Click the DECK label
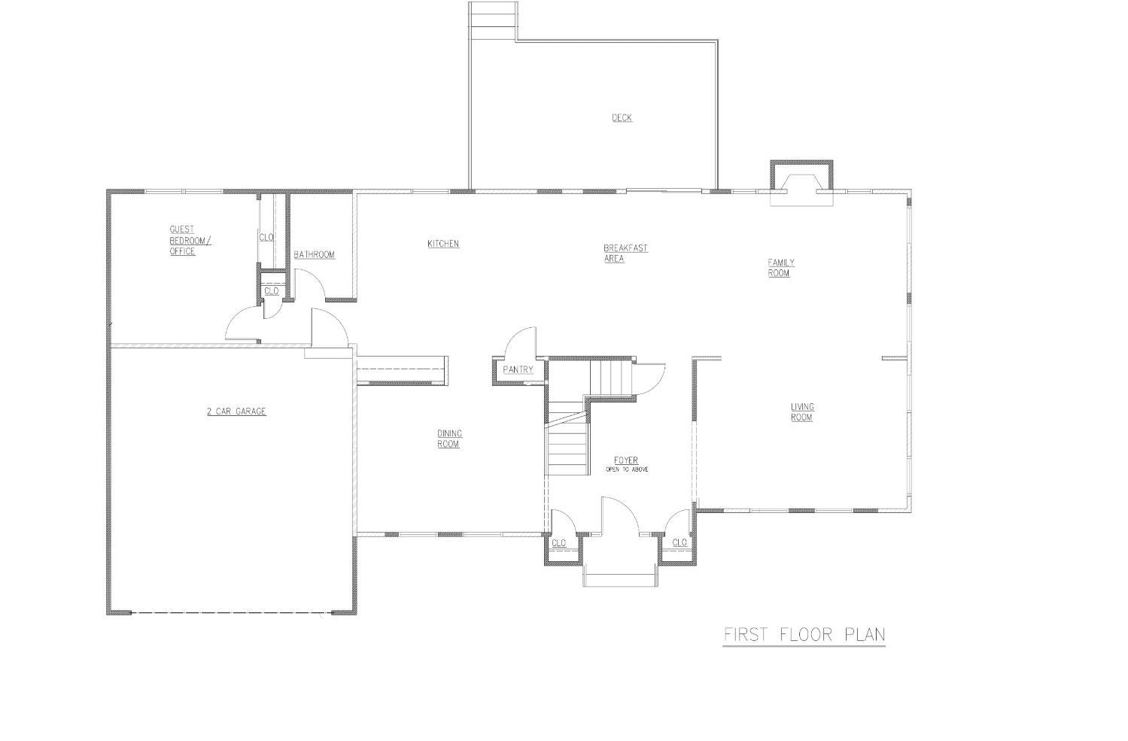click(622, 117)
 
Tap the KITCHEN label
click(443, 244)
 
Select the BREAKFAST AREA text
click(625, 254)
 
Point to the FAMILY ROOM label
click(781, 268)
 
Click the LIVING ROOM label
click(802, 411)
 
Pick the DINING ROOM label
click(449, 439)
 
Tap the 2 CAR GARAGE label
click(236, 411)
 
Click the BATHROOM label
click(315, 255)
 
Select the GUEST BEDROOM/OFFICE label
click(190, 240)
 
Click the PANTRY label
click(518, 370)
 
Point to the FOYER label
click(626, 460)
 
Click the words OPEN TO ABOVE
click(626, 469)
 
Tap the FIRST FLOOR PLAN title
click(804, 635)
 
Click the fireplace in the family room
click(801, 184)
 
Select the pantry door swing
click(520, 343)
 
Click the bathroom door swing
click(310, 284)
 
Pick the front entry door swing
click(620, 515)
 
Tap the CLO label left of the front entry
click(559, 543)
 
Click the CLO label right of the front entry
click(680, 542)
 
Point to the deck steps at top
click(493, 20)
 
